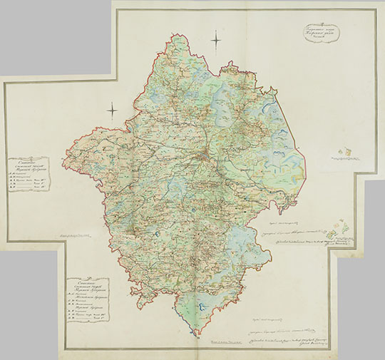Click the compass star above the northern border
pyautogui.click(x=217, y=42)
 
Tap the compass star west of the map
pyautogui.click(x=112, y=110)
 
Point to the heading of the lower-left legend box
pyautogui.click(x=87, y=285)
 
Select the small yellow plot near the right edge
pyautogui.click(x=347, y=151)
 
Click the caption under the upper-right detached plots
pyautogui.click(x=349, y=162)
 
